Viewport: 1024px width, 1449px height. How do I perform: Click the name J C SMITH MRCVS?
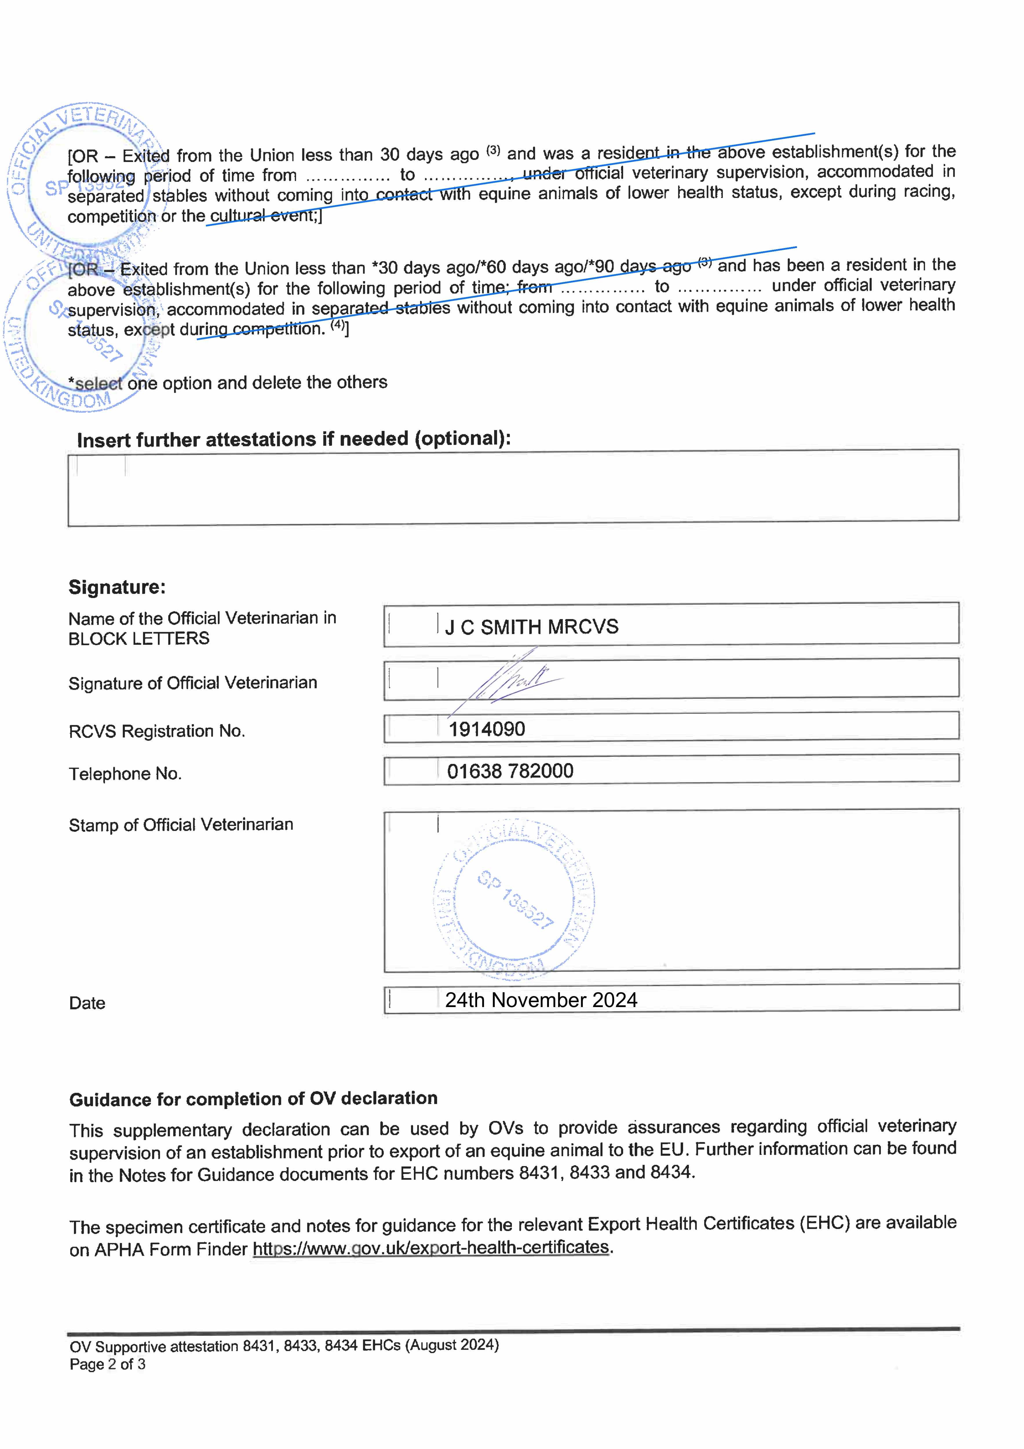coord(531,627)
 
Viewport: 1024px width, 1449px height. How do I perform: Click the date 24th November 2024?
coord(541,1000)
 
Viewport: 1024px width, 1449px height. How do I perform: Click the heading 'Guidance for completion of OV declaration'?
coord(253,1099)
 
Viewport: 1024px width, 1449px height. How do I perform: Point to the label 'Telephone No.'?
coord(125,774)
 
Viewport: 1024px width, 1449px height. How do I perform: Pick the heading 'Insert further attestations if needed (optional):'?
coord(293,439)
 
